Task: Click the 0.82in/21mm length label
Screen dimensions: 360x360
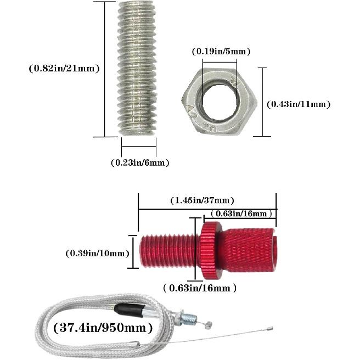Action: pos(64,69)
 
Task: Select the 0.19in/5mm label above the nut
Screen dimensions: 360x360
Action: pos(221,52)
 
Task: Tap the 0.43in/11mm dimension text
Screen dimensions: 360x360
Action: pos(298,104)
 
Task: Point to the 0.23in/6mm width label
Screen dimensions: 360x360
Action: pos(139,162)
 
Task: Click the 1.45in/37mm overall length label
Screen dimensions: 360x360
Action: pos(202,200)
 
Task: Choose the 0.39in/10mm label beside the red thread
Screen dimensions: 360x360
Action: pos(97,253)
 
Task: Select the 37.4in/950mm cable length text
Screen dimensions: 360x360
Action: pos(103,328)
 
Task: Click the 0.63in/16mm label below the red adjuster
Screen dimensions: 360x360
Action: pos(200,288)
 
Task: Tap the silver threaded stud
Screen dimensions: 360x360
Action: pos(138,69)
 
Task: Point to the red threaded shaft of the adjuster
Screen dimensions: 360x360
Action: pos(167,250)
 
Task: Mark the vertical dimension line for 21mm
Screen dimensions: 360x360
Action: pos(104,69)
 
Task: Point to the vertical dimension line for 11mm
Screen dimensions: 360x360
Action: pos(262,102)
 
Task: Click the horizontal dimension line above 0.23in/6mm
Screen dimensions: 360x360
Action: pos(139,147)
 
